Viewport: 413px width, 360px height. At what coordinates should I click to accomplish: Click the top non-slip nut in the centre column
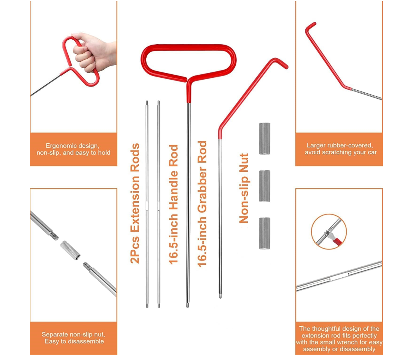[265, 138]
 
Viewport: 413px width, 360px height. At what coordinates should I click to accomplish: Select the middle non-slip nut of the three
[265, 186]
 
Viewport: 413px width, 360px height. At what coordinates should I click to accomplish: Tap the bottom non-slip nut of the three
[265, 233]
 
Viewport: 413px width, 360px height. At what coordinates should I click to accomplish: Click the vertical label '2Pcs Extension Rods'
[135, 203]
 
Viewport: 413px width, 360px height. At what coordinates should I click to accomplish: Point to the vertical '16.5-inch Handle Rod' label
[174, 204]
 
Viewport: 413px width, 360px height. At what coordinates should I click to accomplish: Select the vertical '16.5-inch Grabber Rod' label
[202, 204]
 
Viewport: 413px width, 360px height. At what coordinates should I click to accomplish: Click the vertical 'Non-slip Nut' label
[244, 188]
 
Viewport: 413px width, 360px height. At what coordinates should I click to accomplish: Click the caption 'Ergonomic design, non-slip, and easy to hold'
[73, 149]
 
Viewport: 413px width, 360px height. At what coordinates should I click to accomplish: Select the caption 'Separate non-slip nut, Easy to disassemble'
[73, 338]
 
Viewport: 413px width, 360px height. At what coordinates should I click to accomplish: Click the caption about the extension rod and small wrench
[339, 339]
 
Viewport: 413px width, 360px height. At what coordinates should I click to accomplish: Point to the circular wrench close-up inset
[329, 232]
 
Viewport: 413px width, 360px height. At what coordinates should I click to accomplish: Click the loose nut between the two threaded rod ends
[70, 250]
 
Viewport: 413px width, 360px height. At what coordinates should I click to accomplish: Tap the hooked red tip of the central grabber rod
[281, 63]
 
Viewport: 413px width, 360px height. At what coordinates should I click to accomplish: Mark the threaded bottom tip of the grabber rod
[220, 295]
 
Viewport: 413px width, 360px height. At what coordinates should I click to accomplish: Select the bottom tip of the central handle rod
[188, 305]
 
